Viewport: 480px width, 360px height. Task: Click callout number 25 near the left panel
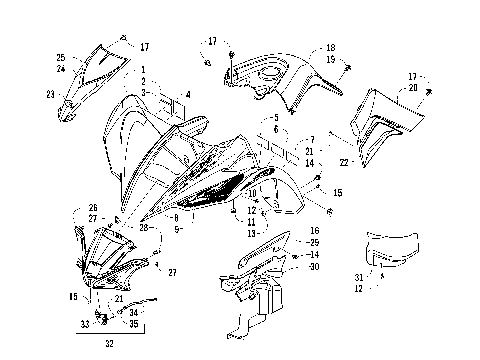(x=60, y=57)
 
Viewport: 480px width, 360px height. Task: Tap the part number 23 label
(x=51, y=94)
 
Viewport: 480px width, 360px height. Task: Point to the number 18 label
(x=331, y=47)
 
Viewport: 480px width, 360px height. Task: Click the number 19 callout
(x=331, y=59)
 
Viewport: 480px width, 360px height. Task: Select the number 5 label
(x=275, y=118)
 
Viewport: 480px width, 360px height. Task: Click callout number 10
(x=253, y=192)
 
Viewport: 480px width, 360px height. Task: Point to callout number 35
(x=133, y=324)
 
